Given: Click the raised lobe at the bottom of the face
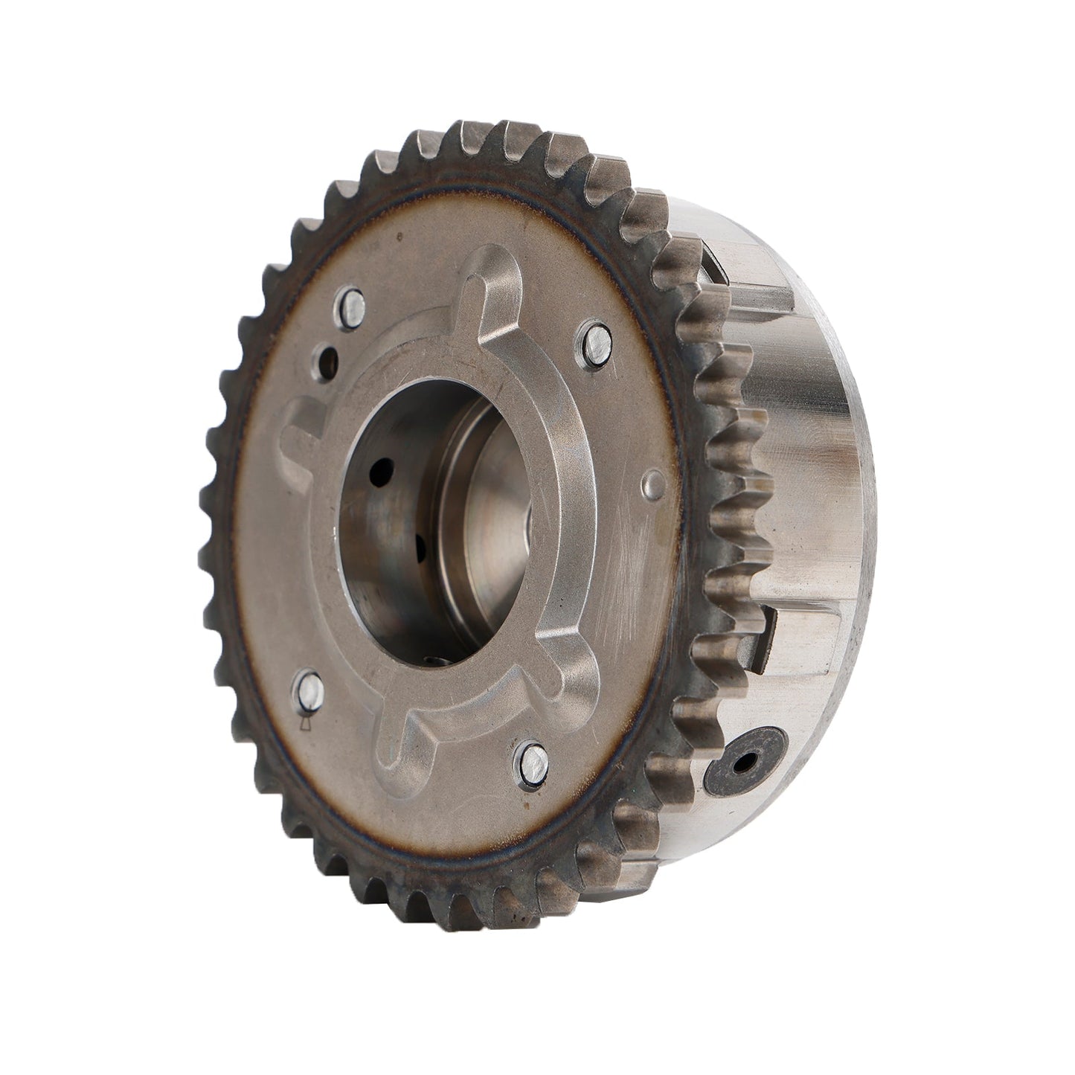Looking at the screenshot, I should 405,748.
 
